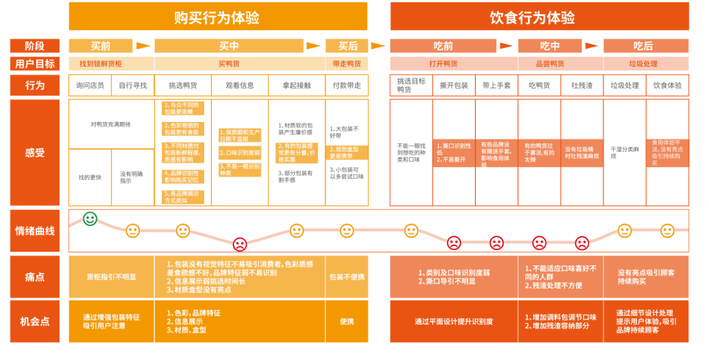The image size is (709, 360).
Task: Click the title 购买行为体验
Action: click(217, 17)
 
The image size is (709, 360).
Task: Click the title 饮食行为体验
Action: click(539, 17)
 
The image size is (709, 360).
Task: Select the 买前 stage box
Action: click(100, 46)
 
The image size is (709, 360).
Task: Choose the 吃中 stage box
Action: click(549, 46)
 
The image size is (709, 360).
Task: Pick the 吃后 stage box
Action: click(645, 46)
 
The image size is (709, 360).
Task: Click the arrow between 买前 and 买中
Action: click(143, 46)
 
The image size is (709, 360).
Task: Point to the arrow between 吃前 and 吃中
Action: click(507, 46)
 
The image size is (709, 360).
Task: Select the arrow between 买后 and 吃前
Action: click(378, 46)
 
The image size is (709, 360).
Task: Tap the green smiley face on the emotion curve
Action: click(90, 219)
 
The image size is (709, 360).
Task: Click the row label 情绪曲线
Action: click(35, 230)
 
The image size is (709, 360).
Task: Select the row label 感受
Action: click(35, 152)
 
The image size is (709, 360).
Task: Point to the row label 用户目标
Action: click(35, 64)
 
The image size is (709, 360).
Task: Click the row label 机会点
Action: click(35, 321)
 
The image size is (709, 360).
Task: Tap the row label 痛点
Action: click(35, 277)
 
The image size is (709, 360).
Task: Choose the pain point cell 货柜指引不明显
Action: click(111, 277)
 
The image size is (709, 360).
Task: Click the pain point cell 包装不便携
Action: click(347, 277)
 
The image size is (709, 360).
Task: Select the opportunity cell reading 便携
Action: click(347, 321)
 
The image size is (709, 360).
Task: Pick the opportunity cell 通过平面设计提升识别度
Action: click(453, 321)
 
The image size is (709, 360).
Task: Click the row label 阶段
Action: click(35, 46)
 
